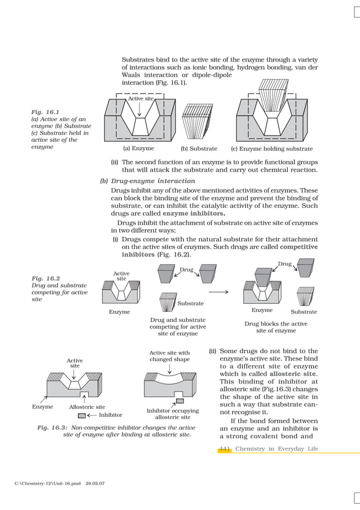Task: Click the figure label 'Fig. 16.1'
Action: coord(45,112)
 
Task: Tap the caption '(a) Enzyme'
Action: coord(138,149)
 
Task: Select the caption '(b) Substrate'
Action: coord(199,149)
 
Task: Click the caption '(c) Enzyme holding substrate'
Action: coord(272,149)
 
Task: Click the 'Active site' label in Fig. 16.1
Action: coord(141,99)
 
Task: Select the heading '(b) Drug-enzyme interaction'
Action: coord(147,181)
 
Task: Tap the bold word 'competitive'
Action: coord(298,247)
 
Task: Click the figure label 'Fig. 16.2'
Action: coord(45,278)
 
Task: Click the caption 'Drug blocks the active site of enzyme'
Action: coord(276,327)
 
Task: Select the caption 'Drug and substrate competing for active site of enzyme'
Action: coord(178,326)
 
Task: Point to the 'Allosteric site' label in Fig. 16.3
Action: coord(87,407)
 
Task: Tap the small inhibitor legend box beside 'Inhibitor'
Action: coord(82,415)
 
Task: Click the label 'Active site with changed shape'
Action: coord(169,356)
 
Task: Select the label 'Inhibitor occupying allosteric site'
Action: coord(173,414)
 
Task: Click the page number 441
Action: coord(225,448)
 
